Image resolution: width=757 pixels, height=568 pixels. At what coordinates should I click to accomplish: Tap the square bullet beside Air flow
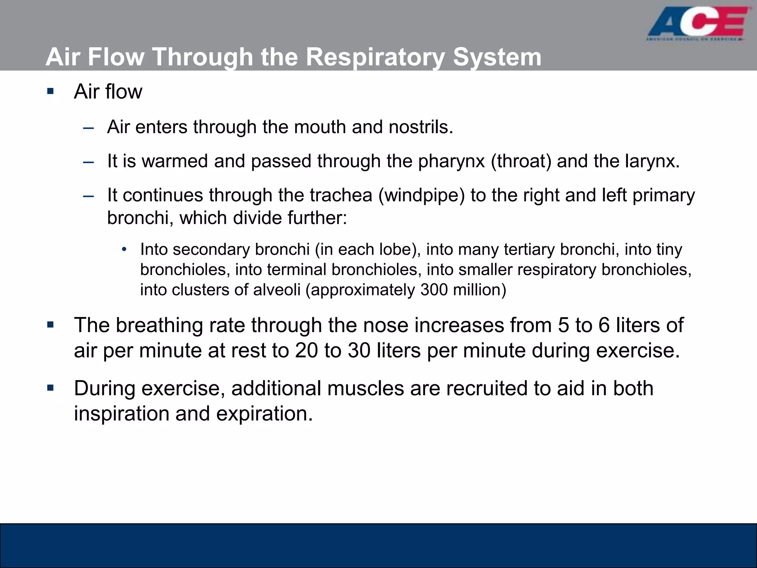[x=51, y=91]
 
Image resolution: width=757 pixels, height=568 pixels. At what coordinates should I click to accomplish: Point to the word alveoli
[x=276, y=290]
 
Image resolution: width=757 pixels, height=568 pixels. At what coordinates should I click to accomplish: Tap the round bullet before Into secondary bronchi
[x=124, y=249]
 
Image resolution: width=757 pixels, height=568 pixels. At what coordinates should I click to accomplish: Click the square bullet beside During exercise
[x=51, y=388]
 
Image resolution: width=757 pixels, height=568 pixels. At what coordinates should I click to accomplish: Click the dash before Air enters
[x=89, y=128]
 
